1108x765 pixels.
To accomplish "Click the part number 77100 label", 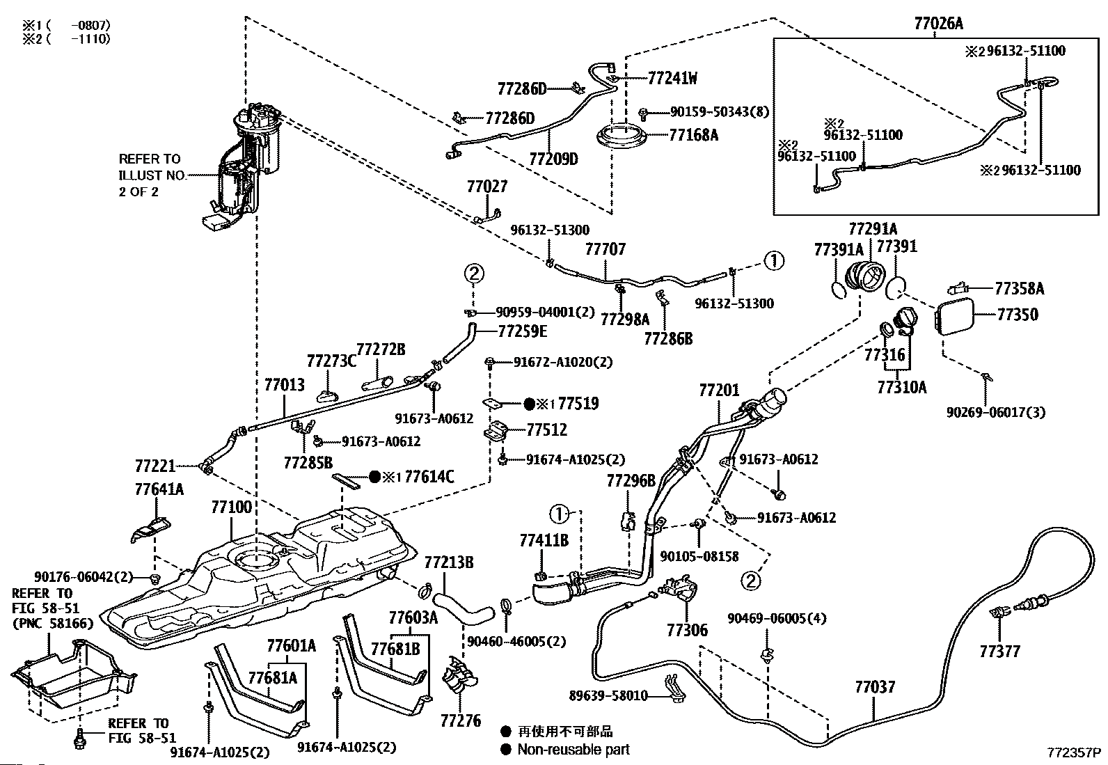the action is (232, 507).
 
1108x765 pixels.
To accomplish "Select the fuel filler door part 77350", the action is (954, 317).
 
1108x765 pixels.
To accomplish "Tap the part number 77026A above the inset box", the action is (938, 23).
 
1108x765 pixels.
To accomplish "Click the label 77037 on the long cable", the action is (875, 687).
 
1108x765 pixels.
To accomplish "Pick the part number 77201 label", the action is (719, 391).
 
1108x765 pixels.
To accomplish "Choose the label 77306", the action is (687, 630).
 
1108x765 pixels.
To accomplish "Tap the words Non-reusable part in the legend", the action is (573, 749).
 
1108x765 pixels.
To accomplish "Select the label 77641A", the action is (159, 489).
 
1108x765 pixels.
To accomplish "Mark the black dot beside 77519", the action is (529, 404).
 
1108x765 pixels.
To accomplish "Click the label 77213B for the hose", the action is (449, 562).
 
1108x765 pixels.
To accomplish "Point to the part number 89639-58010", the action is (608, 695).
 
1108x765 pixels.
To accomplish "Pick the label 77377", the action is (1000, 652).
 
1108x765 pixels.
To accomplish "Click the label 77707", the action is (606, 249).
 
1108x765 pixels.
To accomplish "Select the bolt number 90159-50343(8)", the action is (720, 112).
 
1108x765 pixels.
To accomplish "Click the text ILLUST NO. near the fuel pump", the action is (152, 175).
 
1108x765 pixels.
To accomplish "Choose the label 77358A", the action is (1020, 288).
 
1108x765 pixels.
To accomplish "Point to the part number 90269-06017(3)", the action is (996, 411).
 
